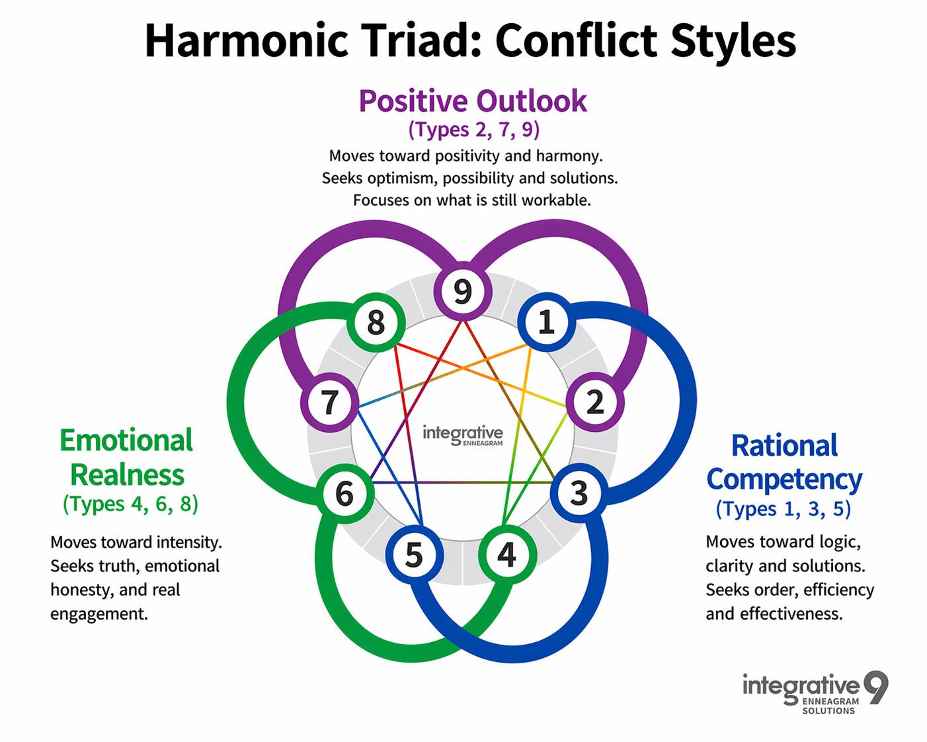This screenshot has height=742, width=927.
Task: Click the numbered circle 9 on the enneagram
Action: coord(463,291)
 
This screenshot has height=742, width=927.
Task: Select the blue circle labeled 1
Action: coord(546,322)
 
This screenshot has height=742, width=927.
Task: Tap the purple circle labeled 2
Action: coord(595,402)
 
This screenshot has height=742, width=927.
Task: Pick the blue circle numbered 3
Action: coord(579,493)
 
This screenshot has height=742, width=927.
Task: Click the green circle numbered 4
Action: coord(507,554)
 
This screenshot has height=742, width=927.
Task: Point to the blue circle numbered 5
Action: coord(415,555)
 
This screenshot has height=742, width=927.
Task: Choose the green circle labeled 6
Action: coord(345,493)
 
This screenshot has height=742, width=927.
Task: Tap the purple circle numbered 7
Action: coord(329,402)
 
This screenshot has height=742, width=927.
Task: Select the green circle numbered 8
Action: coord(376,322)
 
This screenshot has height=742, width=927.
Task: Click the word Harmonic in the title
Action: coord(246,40)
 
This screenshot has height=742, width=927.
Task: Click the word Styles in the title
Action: coord(733,42)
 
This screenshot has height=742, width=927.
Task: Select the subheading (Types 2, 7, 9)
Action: coord(474,129)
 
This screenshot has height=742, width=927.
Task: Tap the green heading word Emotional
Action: coord(126,440)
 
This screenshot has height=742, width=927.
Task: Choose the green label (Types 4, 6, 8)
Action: coord(130,503)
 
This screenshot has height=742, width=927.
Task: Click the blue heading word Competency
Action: coord(784,480)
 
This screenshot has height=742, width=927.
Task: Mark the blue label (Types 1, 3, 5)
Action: coord(784,509)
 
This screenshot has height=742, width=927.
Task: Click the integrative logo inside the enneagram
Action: coord(463,435)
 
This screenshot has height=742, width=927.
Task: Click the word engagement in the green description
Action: coord(99,614)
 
